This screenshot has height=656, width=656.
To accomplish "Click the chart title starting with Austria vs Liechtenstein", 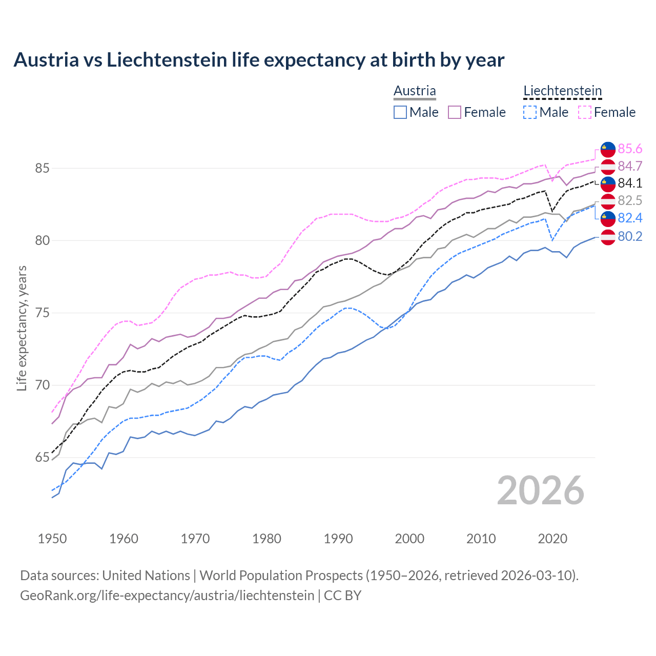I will click(259, 60).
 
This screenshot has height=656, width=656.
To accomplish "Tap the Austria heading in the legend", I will click(415, 91).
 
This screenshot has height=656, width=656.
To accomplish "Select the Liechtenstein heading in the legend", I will click(562, 91).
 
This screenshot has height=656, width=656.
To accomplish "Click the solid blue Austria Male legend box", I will click(400, 112).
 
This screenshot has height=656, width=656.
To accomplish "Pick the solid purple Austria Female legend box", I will click(455, 112).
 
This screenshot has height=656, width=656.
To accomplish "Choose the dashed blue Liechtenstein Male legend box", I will click(530, 112).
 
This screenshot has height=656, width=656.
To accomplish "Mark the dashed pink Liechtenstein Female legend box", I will click(584, 112).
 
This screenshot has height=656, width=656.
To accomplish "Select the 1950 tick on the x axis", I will click(52, 539).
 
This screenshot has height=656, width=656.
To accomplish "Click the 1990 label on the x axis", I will click(338, 539).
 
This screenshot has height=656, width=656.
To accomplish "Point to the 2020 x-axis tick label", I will click(552, 539).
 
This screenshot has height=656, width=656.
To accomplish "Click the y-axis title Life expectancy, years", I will click(22, 328).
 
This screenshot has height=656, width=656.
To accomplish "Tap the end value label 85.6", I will click(630, 149).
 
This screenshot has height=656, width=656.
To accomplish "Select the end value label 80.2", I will click(630, 236).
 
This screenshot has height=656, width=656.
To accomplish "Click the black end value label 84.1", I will click(630, 183).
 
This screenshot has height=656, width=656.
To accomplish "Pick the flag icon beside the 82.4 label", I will click(608, 218).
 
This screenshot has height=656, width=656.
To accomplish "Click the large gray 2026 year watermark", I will click(541, 490).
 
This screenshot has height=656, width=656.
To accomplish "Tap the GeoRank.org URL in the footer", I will click(167, 596).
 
